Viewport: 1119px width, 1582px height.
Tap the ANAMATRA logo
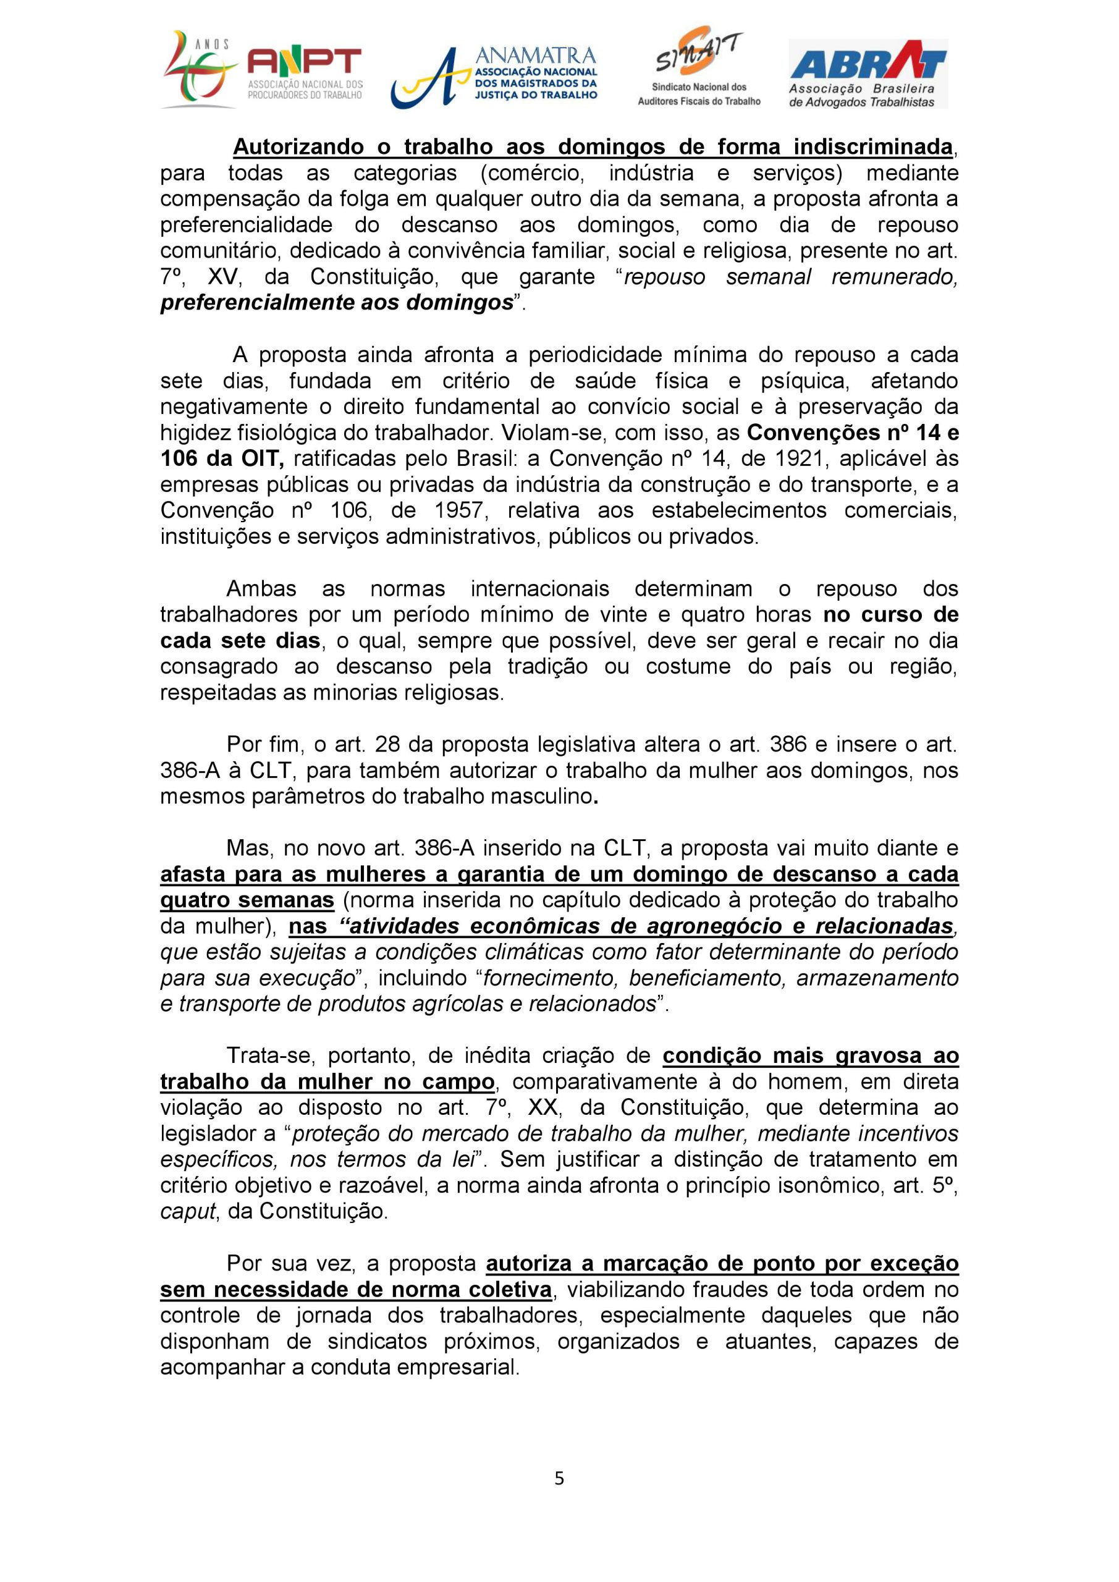point(494,75)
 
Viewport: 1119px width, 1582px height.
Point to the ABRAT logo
point(868,74)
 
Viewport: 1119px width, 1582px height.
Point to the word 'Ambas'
point(261,589)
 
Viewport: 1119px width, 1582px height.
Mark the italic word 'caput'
point(187,1212)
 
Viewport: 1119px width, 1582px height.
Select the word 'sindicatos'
point(373,1342)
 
